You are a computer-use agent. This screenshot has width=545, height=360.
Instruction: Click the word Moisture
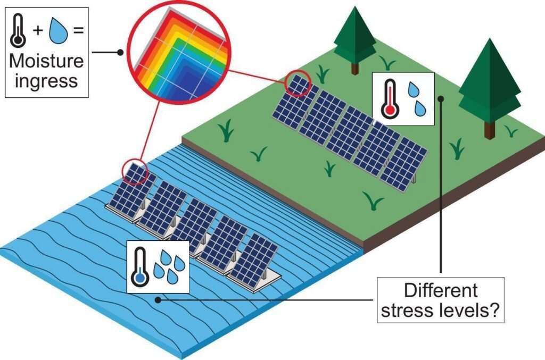(46, 61)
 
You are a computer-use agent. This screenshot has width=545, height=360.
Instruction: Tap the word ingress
(46, 81)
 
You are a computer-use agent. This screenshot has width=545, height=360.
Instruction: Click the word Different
(441, 290)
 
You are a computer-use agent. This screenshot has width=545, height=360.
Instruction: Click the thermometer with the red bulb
(390, 99)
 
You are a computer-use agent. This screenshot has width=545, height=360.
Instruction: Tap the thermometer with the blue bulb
(140, 267)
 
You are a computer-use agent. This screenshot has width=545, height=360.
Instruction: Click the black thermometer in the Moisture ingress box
(18, 31)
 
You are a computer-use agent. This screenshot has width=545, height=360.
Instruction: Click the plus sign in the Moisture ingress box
(38, 30)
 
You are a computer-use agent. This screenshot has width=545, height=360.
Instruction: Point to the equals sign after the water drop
(79, 30)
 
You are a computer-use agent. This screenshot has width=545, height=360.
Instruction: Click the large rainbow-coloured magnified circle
(179, 53)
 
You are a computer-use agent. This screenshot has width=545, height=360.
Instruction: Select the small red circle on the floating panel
(135, 172)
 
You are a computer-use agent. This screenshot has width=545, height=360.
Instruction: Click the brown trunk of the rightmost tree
(490, 130)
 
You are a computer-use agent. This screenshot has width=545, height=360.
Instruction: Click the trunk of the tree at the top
(354, 68)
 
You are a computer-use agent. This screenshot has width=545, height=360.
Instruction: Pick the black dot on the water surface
(158, 299)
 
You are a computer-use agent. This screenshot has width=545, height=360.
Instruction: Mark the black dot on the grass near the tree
(441, 98)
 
